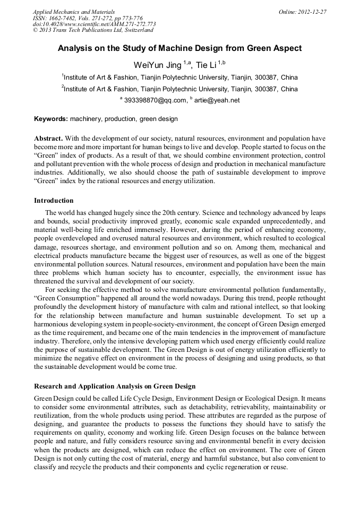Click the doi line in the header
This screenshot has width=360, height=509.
coord(94,24)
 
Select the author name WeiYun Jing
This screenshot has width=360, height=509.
coord(157,65)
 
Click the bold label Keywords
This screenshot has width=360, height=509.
coord(50,119)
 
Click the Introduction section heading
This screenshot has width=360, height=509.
coord(54,201)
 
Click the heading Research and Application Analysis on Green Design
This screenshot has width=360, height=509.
coord(115,386)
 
